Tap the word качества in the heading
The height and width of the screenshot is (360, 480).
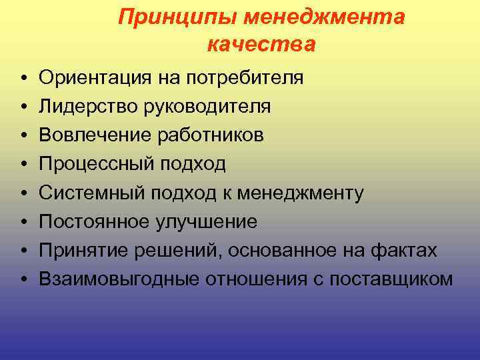click(x=261, y=45)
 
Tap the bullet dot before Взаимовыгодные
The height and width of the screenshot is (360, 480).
click(x=23, y=280)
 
